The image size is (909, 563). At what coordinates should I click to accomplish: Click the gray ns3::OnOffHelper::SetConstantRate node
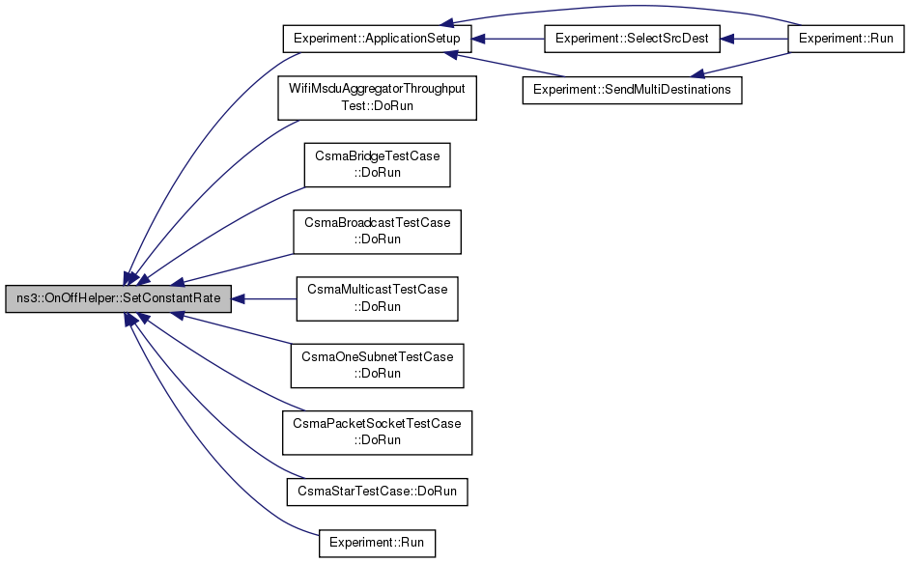point(118,298)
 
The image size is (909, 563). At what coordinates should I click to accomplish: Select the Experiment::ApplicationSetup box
point(377,39)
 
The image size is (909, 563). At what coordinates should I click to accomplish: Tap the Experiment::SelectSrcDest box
point(632,39)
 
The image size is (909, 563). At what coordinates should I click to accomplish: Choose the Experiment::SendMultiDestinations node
point(632,90)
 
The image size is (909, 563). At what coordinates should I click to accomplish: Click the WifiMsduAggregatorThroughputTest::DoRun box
point(378,98)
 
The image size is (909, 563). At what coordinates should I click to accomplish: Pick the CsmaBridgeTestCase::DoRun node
point(378,165)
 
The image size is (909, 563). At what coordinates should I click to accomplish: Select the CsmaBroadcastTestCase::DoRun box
point(378,232)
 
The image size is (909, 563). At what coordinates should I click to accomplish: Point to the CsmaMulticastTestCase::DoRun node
point(378,298)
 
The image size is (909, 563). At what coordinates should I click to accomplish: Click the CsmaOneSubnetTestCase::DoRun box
point(378,365)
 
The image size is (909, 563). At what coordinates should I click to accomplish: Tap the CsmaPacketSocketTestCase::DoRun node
point(378,433)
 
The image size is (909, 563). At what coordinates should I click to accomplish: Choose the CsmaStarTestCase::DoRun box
point(378,492)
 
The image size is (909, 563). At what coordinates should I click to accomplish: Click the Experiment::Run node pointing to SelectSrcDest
point(846,39)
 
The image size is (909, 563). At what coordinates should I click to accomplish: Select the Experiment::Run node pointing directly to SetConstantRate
point(378,543)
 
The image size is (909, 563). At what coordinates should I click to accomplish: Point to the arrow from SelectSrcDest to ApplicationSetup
point(508,39)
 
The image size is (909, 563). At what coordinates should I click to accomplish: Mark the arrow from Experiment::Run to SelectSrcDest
point(753,39)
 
